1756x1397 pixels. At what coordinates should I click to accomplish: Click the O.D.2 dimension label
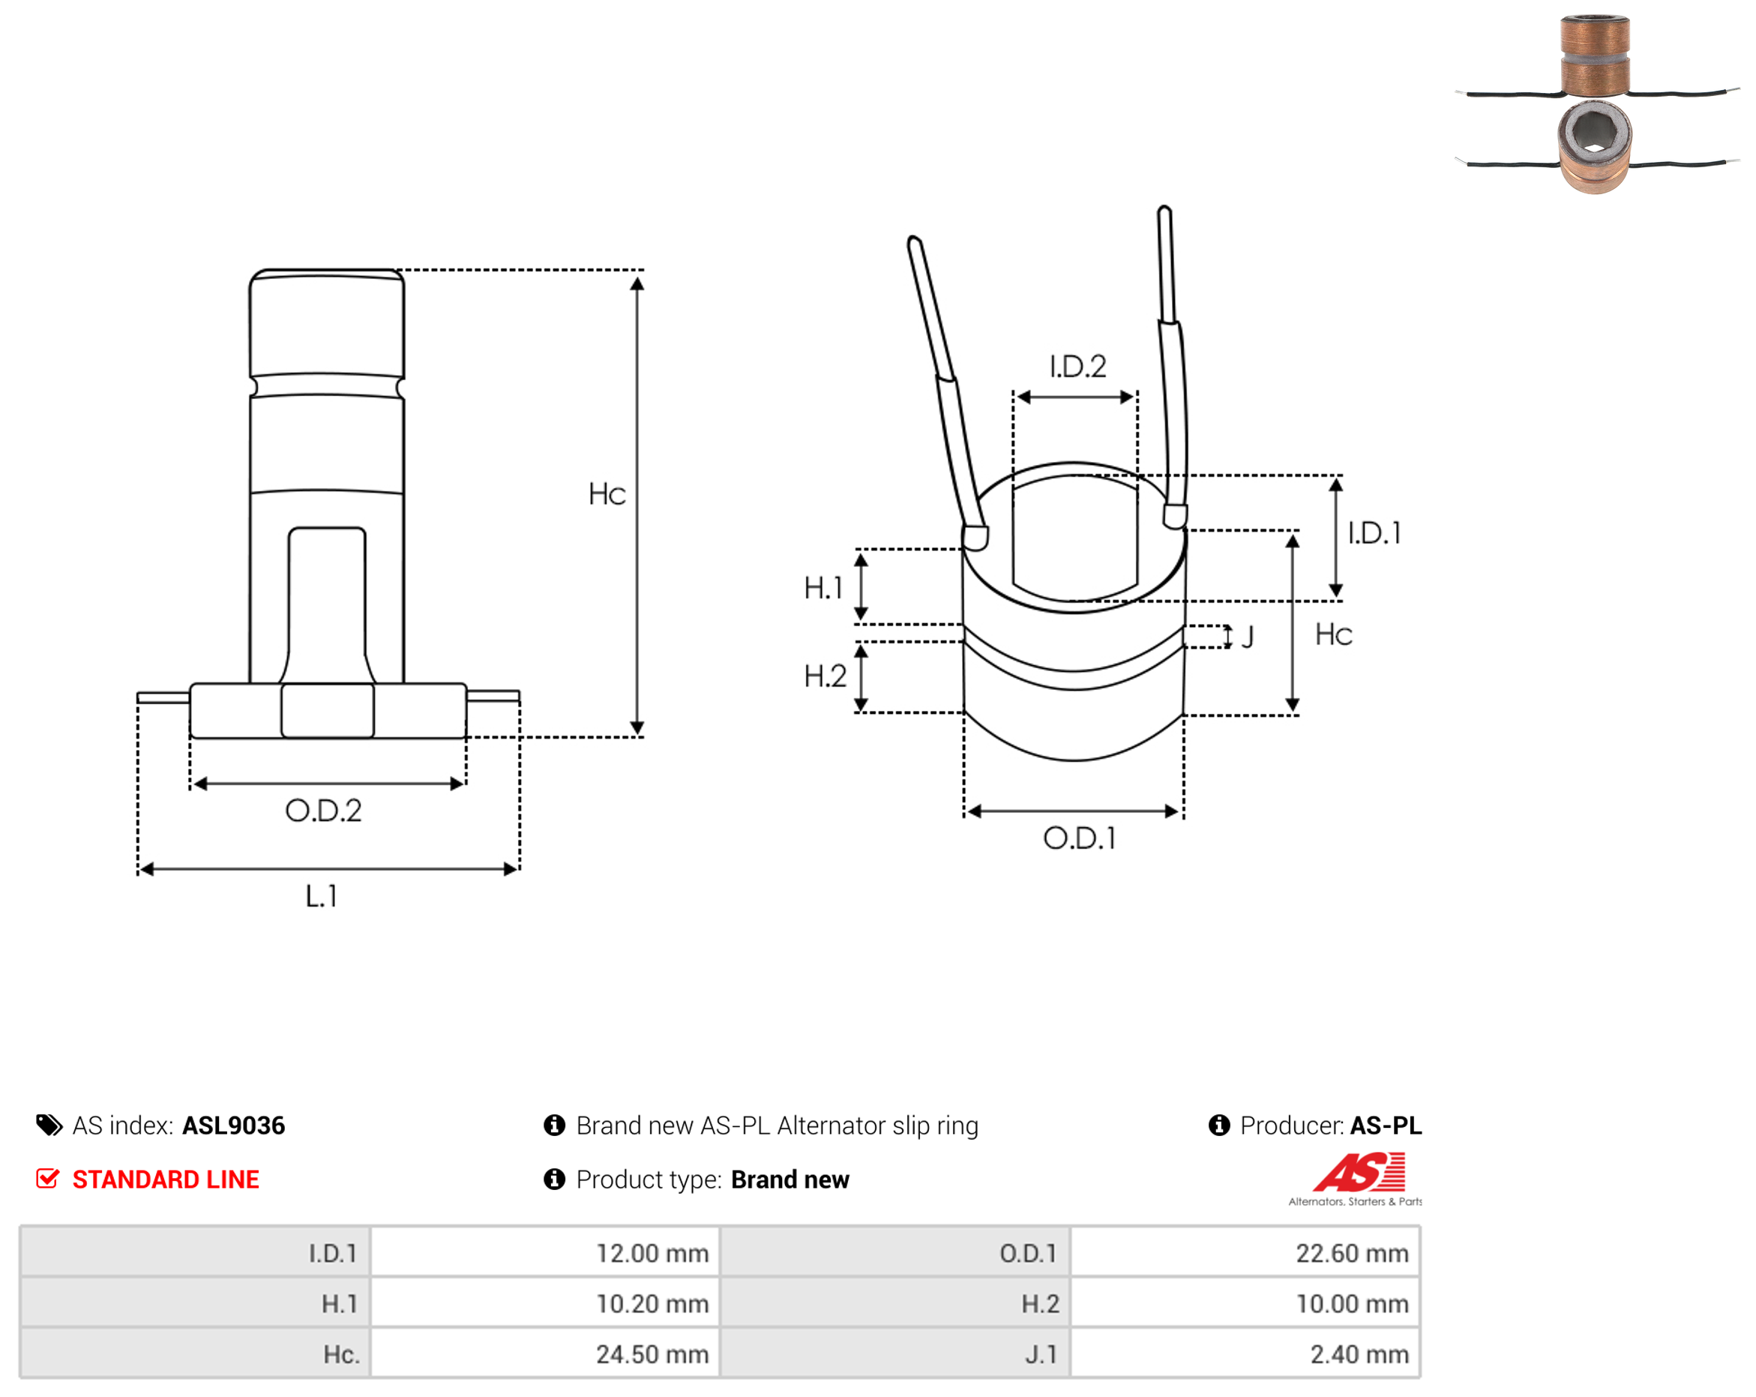[x=323, y=811]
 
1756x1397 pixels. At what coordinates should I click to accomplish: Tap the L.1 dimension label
[x=321, y=896]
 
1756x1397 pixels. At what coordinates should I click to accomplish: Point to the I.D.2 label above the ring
[x=1077, y=367]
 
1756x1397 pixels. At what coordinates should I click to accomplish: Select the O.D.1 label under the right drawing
[x=1079, y=838]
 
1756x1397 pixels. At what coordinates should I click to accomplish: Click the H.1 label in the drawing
[x=823, y=588]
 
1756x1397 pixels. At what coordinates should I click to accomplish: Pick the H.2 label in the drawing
[x=825, y=676]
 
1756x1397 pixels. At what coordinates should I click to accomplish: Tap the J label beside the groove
[x=1247, y=637]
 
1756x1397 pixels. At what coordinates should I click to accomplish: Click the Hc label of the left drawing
[x=607, y=494]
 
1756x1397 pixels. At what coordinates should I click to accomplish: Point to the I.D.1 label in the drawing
[x=1374, y=534]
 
